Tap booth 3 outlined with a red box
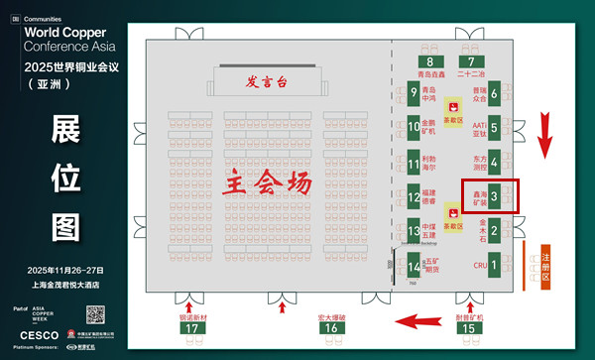[507, 196]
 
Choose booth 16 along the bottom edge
[334, 328]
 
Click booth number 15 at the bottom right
[471, 328]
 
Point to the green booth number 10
[414, 127]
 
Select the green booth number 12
[414, 198]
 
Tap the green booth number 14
[414, 266]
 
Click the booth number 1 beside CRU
[508, 266]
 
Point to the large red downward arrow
[543, 134]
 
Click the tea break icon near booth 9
[452, 104]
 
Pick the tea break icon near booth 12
[452, 211]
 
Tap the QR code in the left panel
[94, 314]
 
